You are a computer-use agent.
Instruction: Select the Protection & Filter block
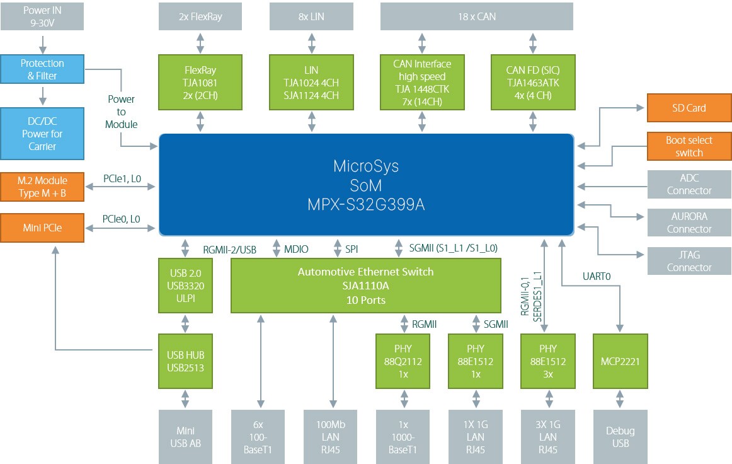click(42, 69)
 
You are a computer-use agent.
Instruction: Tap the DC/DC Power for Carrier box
click(42, 134)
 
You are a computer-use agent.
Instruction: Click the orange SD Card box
click(689, 108)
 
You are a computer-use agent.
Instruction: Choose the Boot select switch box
click(689, 146)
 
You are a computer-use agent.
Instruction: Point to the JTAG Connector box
click(689, 261)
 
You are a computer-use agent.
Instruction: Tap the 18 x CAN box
click(477, 17)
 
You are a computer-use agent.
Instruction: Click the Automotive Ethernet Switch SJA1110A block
click(365, 286)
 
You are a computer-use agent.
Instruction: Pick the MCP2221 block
click(620, 361)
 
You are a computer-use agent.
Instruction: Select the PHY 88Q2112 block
click(404, 361)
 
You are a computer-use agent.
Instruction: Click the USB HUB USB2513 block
click(185, 361)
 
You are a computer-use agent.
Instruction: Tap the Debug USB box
click(620, 437)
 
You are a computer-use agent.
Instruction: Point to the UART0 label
click(597, 276)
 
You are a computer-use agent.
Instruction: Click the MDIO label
click(296, 249)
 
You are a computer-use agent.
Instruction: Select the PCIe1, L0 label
click(122, 179)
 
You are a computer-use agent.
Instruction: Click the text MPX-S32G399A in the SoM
click(365, 205)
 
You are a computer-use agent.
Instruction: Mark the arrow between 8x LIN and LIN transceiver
click(311, 42)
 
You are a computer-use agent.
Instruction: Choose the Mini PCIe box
click(42, 225)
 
